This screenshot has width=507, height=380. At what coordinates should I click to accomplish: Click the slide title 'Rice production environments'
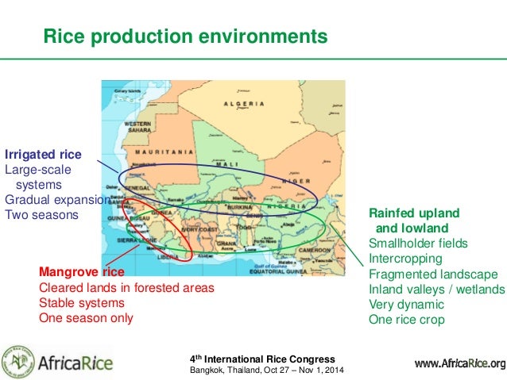184,36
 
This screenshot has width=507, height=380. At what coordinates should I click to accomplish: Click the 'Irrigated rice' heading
44,154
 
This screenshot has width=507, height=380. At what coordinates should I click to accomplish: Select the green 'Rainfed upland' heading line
414,213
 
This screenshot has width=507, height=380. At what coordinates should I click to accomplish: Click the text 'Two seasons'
41,215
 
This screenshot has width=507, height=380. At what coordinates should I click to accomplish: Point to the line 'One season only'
86,318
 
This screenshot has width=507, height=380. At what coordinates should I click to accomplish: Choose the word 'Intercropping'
406,259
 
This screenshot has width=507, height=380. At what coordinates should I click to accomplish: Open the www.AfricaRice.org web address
459,364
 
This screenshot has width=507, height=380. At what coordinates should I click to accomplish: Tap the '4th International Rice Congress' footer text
261,359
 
